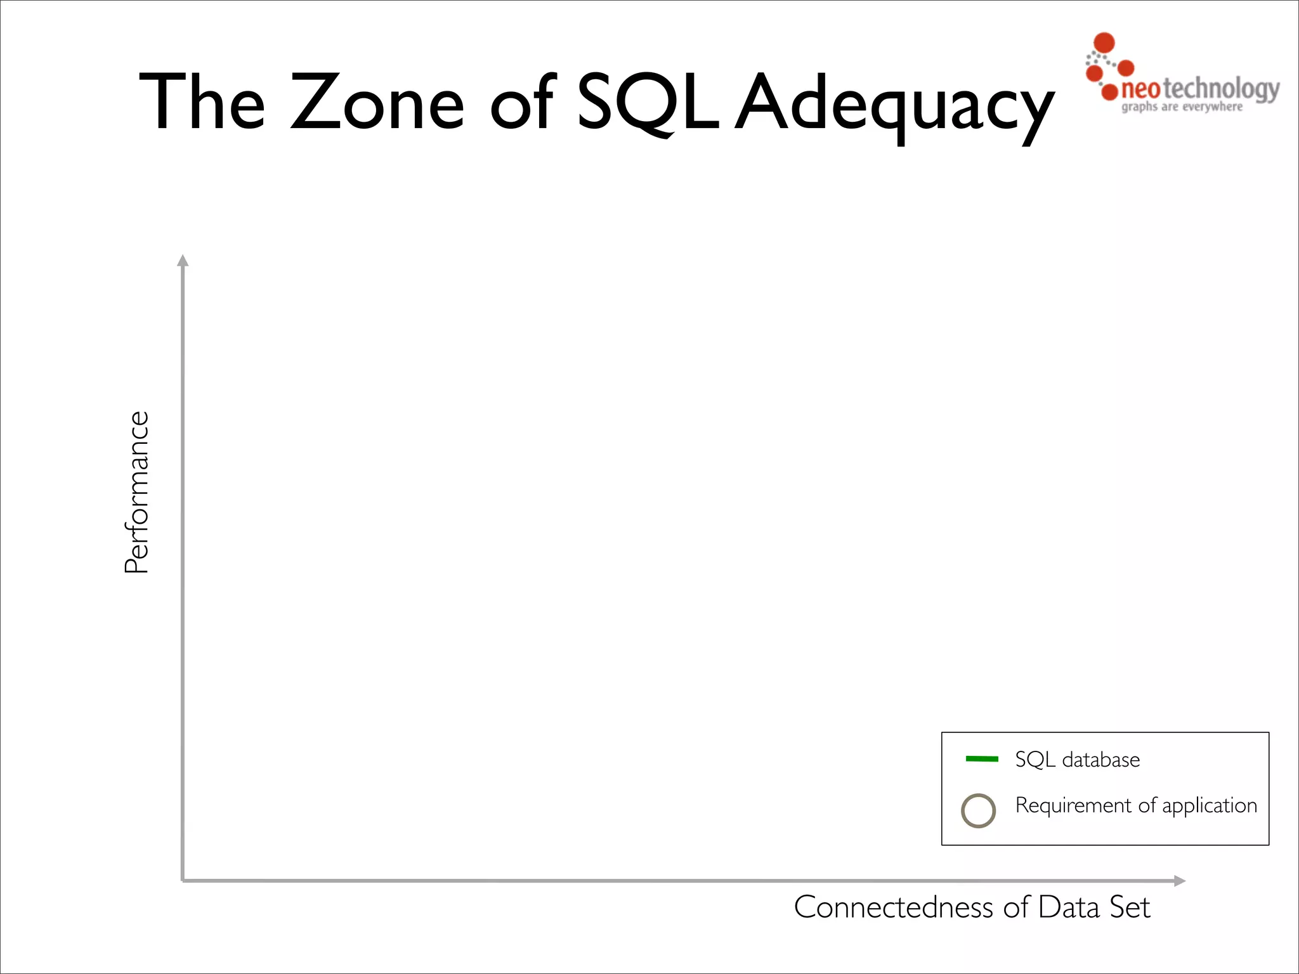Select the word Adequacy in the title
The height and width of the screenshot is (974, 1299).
pyautogui.click(x=894, y=105)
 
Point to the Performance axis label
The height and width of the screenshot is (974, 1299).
pyautogui.click(x=136, y=492)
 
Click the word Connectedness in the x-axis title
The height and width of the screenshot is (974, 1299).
pyautogui.click(x=893, y=907)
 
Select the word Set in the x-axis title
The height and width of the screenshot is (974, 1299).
pyautogui.click(x=1130, y=907)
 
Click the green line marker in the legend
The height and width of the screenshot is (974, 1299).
pyautogui.click(x=981, y=759)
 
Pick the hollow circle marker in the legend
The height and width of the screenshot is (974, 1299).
pyautogui.click(x=978, y=810)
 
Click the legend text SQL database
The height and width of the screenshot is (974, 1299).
pyautogui.click(x=1077, y=760)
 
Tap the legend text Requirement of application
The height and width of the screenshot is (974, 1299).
pyautogui.click(x=1135, y=805)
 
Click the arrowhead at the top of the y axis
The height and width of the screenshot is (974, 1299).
pyautogui.click(x=183, y=261)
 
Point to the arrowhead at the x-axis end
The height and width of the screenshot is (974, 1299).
pyautogui.click(x=1179, y=881)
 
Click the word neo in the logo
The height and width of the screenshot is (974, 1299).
pyautogui.click(x=1140, y=89)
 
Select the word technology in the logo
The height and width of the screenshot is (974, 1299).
pyautogui.click(x=1221, y=89)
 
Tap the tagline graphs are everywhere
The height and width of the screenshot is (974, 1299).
pyautogui.click(x=1182, y=107)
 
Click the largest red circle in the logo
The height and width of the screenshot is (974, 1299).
pyautogui.click(x=1104, y=42)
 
